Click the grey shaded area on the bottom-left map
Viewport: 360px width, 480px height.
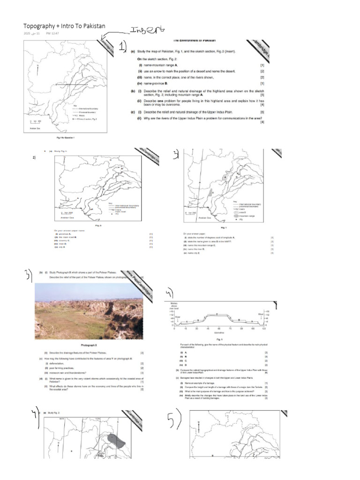[116, 440]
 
